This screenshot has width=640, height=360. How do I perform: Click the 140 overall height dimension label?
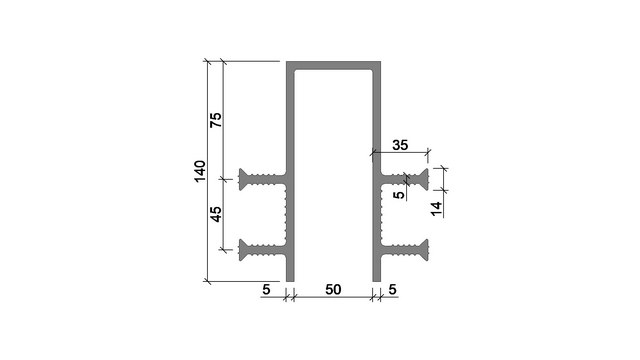200,171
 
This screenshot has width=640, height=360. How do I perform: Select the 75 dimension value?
216,120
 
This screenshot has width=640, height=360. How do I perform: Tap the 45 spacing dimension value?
216,214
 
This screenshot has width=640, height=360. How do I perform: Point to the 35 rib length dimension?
400,145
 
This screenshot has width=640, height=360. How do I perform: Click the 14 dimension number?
436,209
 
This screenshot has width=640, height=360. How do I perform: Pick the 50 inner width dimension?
333,289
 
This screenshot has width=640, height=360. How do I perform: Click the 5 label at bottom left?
266,289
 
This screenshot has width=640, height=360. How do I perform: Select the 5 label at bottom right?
392,289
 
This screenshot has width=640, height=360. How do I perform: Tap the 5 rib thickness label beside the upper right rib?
399,195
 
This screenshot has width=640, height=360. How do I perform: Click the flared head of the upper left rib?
244,179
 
